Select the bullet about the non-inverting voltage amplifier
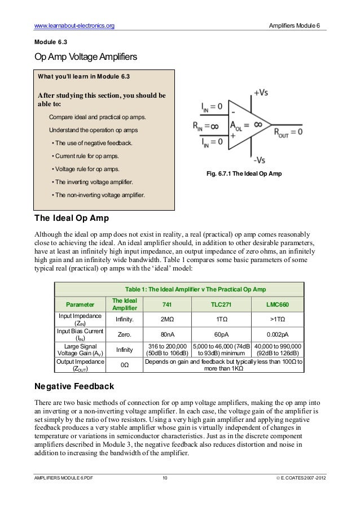98,195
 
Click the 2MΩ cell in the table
167,319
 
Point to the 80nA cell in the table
167,334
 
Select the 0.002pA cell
278,334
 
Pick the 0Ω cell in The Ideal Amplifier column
124,365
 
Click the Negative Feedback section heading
74,387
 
